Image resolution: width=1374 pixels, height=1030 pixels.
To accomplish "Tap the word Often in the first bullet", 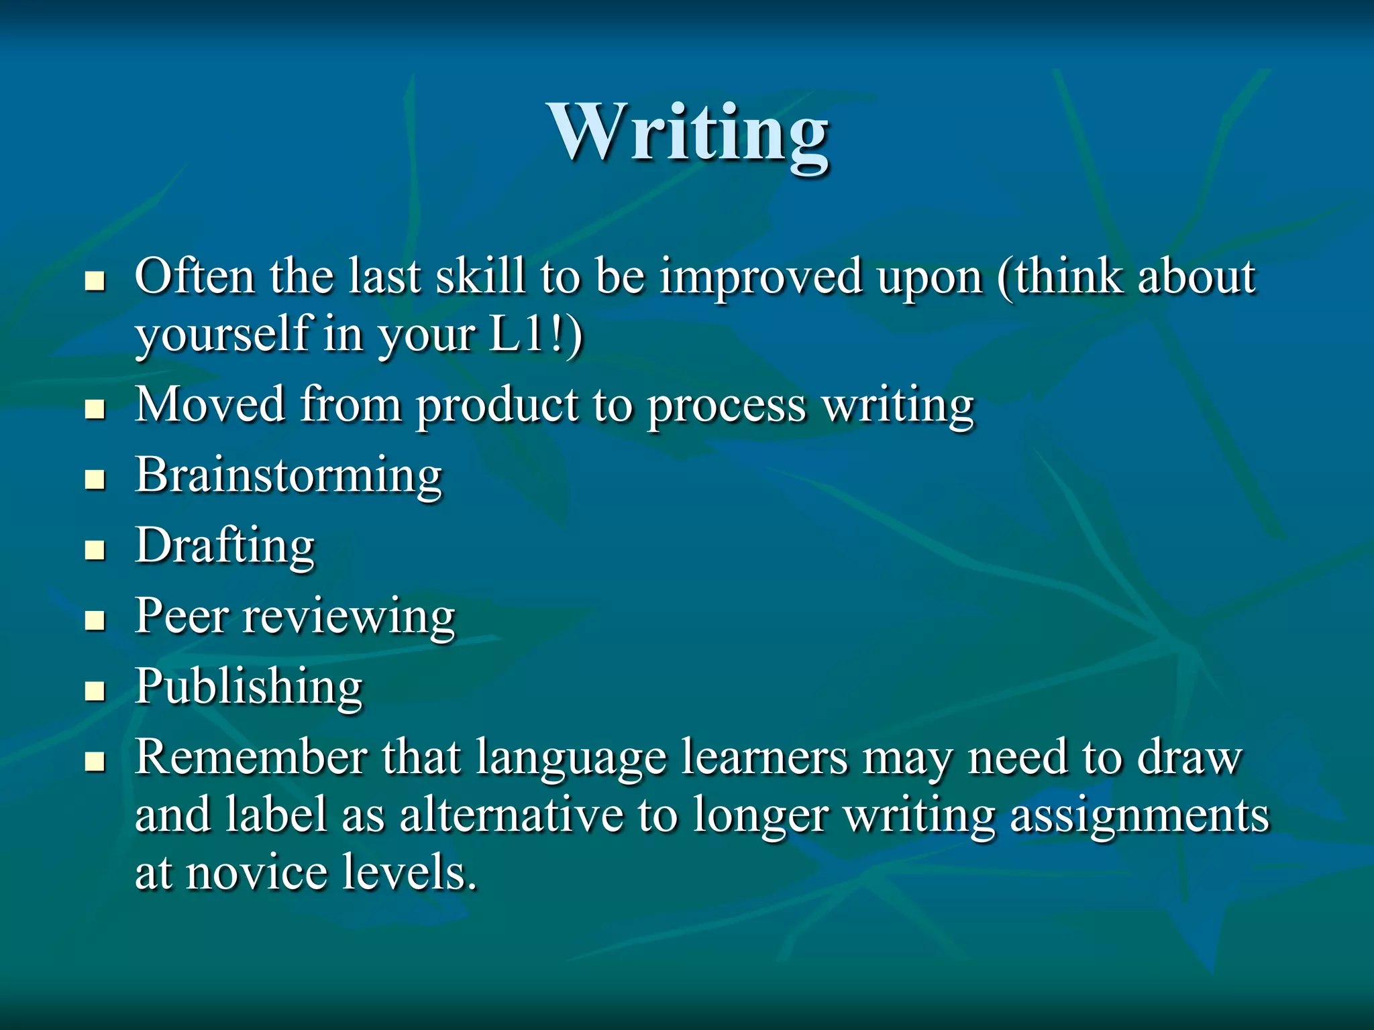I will (x=194, y=276).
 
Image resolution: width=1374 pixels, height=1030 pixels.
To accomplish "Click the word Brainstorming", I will (x=288, y=475).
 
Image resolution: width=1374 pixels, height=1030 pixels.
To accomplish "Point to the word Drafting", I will (x=225, y=546).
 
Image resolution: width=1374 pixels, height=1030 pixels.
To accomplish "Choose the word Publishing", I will (x=249, y=687).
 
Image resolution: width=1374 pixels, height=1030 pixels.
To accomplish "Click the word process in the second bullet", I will (x=727, y=406).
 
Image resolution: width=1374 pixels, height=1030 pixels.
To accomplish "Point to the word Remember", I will (x=250, y=757).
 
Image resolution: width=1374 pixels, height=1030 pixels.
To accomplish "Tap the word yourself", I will (x=221, y=334).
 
